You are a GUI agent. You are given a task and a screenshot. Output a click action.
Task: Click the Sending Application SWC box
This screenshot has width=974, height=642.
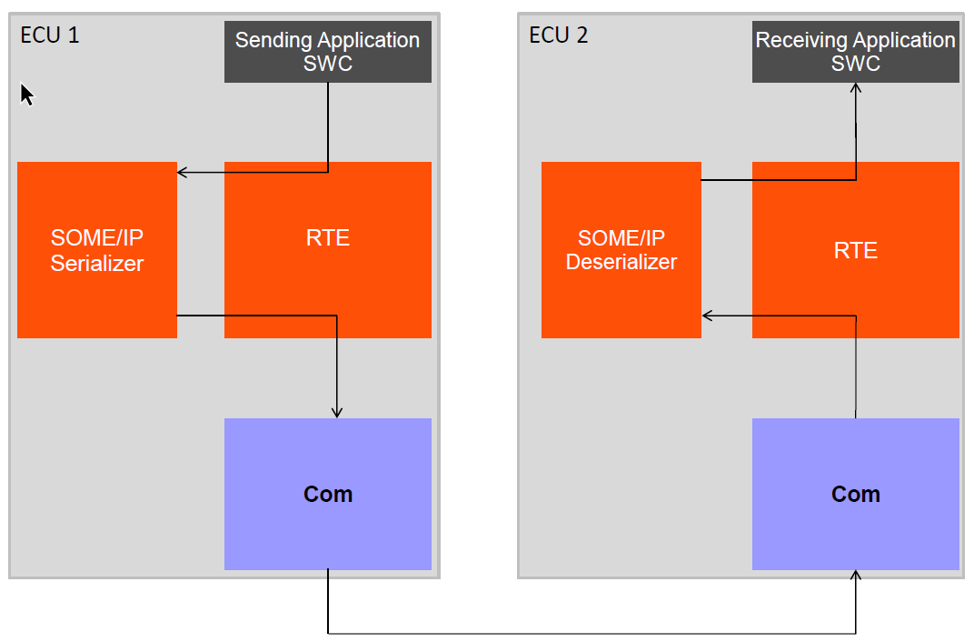click(327, 53)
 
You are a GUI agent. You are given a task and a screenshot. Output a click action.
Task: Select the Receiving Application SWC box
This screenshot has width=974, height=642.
click(855, 53)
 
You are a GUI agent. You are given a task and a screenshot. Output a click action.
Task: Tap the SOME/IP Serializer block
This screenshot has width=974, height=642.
click(97, 250)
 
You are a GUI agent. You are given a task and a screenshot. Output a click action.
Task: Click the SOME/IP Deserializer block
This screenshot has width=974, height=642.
click(621, 250)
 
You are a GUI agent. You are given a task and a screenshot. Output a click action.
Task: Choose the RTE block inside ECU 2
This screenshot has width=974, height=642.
click(855, 250)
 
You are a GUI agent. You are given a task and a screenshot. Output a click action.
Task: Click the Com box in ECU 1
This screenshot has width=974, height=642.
click(327, 494)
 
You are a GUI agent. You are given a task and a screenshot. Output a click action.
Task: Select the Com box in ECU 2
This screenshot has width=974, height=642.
click(855, 494)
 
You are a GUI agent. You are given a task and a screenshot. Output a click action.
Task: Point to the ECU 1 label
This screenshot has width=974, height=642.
click(49, 35)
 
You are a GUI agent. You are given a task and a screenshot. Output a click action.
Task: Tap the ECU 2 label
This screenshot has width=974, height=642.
click(558, 35)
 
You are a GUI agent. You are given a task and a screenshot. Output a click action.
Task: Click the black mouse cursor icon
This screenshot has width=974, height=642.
click(26, 94)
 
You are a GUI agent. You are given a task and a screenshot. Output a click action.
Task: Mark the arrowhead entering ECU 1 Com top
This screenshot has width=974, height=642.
click(337, 412)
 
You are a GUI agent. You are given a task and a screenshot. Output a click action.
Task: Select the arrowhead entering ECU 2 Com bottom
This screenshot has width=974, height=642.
click(855, 576)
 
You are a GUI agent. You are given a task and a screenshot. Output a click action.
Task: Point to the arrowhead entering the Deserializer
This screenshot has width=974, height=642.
click(708, 316)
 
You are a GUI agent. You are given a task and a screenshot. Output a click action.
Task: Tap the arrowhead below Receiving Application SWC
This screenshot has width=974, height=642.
click(855, 88)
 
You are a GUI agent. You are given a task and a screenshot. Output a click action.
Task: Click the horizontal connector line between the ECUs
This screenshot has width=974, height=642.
click(591, 633)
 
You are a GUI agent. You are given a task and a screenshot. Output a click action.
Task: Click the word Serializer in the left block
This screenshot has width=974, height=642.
click(97, 264)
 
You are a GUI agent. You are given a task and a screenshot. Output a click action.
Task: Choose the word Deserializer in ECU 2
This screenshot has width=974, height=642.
click(621, 263)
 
